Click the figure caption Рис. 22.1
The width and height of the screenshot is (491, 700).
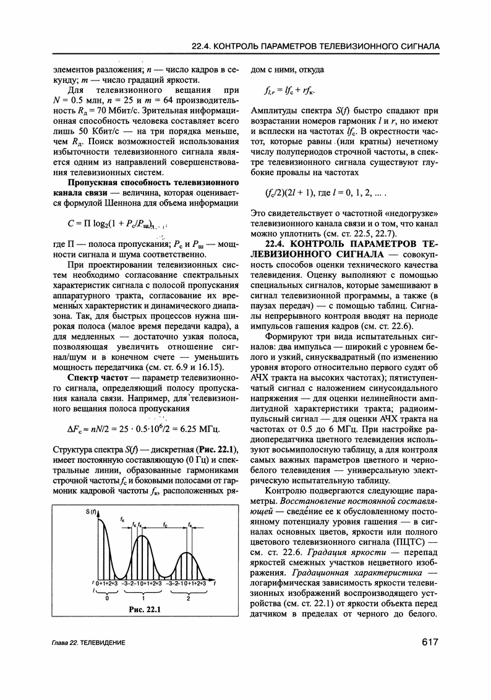[x=144, y=610]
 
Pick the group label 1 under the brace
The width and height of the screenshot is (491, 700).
[x=144, y=598]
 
